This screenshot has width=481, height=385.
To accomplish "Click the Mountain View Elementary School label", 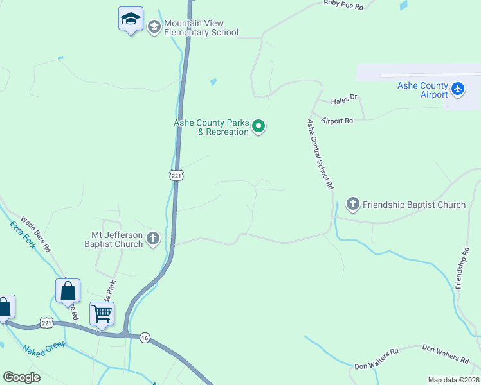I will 201,28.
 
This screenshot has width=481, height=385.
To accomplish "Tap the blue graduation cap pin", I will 131,19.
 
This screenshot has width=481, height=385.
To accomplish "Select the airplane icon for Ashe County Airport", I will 458,89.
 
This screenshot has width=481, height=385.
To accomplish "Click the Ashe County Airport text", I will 422,90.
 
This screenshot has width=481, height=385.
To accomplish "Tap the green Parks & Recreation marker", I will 259,126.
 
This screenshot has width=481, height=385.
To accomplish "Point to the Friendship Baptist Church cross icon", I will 352,205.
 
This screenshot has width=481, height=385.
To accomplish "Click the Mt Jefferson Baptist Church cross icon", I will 153,239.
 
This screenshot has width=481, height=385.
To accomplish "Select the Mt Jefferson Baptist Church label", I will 114,239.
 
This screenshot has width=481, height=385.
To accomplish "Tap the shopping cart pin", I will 102,314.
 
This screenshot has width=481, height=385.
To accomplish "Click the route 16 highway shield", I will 145,338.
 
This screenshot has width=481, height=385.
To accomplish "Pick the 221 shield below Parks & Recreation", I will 177,175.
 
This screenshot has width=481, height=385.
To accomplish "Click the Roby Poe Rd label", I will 344,5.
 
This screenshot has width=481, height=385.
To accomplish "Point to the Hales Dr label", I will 343,101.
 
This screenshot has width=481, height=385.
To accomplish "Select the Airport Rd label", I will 338,121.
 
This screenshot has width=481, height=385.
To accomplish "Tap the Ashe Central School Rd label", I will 320,154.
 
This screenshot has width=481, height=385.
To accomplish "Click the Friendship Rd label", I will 462,266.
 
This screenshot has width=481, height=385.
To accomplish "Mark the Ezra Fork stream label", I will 23,235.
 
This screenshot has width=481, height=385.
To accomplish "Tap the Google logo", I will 21,377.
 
